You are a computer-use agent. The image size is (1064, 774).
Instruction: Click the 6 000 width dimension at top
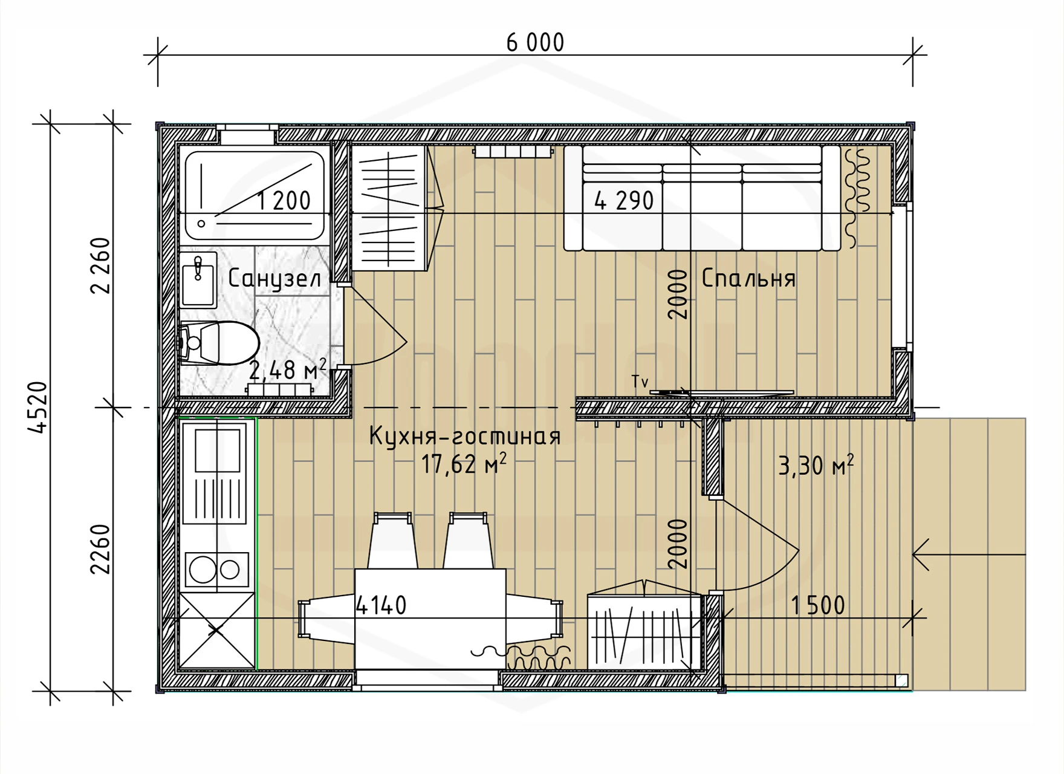click(535, 43)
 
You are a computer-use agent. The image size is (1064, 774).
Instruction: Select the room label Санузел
click(274, 279)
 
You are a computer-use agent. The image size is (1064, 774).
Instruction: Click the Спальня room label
click(748, 279)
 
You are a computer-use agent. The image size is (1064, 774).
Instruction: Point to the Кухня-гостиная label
click(465, 437)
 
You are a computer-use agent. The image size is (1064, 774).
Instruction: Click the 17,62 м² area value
click(464, 464)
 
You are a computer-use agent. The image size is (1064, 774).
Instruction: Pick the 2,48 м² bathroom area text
click(288, 370)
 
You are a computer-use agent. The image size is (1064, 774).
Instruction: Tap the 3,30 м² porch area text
click(816, 466)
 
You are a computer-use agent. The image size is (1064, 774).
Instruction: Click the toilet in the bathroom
click(219, 343)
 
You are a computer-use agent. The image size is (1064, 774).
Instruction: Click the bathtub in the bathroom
click(255, 195)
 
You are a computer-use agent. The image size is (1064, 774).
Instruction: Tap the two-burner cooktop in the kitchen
click(216, 569)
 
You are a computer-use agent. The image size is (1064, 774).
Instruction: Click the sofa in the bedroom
click(702, 198)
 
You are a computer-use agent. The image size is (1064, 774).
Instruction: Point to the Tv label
click(640, 382)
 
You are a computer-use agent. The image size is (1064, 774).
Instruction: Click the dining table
click(430, 618)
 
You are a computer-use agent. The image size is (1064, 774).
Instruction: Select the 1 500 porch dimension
click(817, 606)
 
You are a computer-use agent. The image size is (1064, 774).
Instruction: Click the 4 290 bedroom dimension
click(624, 201)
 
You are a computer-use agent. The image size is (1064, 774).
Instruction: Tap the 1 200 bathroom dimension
click(284, 201)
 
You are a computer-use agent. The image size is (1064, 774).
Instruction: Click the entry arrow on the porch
click(969, 554)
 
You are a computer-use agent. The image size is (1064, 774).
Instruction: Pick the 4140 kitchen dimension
click(381, 605)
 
